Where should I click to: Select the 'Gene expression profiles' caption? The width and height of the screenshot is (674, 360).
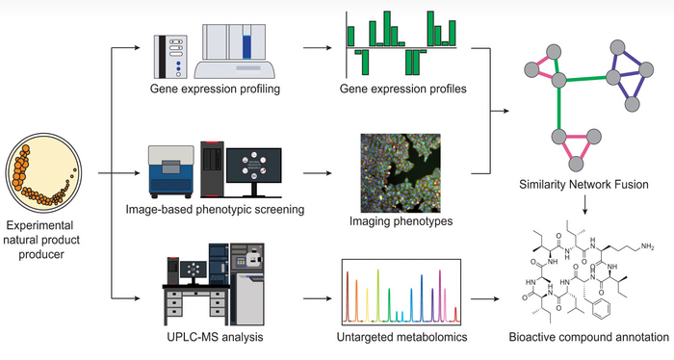click(x=402, y=90)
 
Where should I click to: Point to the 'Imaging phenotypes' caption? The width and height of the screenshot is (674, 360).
click(x=402, y=220)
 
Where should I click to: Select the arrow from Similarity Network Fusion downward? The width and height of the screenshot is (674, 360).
click(x=585, y=205)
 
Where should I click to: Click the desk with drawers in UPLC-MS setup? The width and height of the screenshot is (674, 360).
click(x=177, y=305)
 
